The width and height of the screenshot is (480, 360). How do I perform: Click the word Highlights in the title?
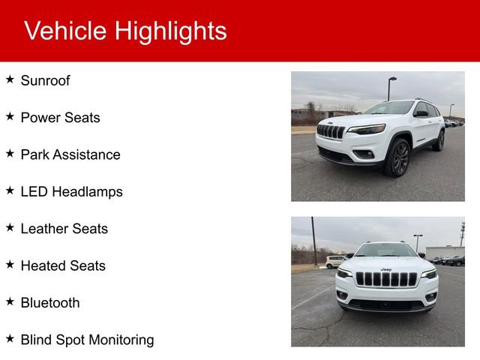pyautogui.click(x=170, y=31)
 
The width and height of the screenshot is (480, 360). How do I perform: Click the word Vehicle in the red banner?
pyautogui.click(x=64, y=31)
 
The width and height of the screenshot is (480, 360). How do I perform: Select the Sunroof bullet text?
pyautogui.click(x=45, y=81)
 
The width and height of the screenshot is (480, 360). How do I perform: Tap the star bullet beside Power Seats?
pyautogui.click(x=10, y=116)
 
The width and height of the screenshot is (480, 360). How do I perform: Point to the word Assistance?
pyautogui.click(x=91, y=154)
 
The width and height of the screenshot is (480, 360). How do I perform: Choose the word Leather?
pyautogui.click(x=43, y=229)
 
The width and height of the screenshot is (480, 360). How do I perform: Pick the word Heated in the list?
pyautogui.click(x=42, y=265)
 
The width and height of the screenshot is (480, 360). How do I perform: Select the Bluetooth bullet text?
pyautogui.click(x=49, y=303)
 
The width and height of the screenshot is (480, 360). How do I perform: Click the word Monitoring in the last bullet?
pyautogui.click(x=121, y=340)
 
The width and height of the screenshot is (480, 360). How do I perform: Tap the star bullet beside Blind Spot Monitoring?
pyautogui.click(x=10, y=339)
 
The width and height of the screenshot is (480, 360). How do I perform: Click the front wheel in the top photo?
pyautogui.click(x=397, y=158)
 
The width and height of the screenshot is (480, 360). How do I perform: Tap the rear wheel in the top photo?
pyautogui.click(x=439, y=140)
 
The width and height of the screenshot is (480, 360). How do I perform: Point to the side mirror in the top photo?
pyautogui.click(x=421, y=114)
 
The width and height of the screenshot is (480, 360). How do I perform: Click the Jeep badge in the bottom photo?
pyautogui.click(x=385, y=269)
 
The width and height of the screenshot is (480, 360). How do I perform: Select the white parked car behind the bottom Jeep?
pyautogui.click(x=335, y=262)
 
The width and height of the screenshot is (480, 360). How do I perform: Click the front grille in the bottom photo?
pyautogui.click(x=385, y=279)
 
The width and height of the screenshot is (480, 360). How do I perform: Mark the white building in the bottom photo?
pyautogui.click(x=445, y=251)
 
